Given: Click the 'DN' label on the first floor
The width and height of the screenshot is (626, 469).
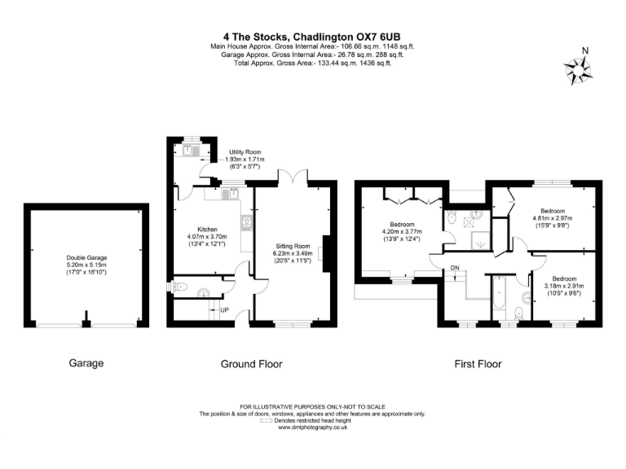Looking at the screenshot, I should pyautogui.click(x=455, y=267).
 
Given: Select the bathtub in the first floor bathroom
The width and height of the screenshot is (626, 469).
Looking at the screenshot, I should pyautogui.click(x=497, y=297).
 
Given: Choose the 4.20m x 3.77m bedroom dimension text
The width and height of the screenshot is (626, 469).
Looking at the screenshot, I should pyautogui.click(x=402, y=230).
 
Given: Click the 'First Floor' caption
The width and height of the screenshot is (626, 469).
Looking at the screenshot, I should pyautogui.click(x=478, y=364).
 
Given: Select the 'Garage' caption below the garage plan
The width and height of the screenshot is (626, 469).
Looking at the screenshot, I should pyautogui.click(x=86, y=364).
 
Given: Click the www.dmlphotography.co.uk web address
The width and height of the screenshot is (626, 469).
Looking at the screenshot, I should pyautogui.click(x=313, y=427).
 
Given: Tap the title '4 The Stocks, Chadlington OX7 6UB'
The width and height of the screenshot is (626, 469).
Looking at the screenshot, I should pyautogui.click(x=312, y=36).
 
